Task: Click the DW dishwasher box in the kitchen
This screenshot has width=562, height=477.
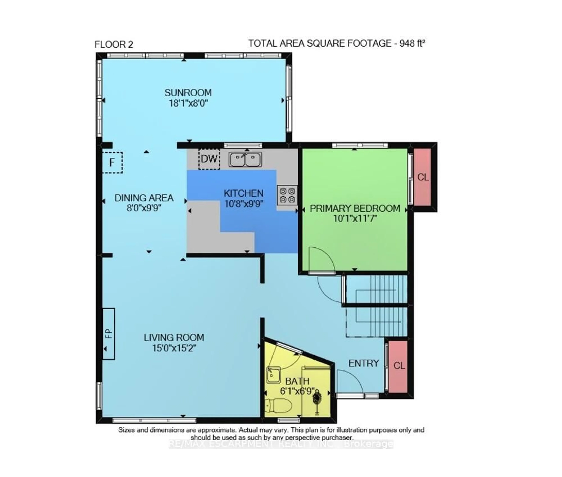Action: point(209,159)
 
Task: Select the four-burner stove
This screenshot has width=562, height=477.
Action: point(287,195)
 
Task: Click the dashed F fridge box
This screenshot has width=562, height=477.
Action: point(112,163)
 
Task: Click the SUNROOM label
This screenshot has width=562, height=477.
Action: point(188,93)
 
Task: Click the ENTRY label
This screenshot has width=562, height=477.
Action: point(364,363)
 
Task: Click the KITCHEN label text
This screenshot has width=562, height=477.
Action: point(243,193)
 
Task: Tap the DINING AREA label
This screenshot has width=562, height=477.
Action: point(144,198)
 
